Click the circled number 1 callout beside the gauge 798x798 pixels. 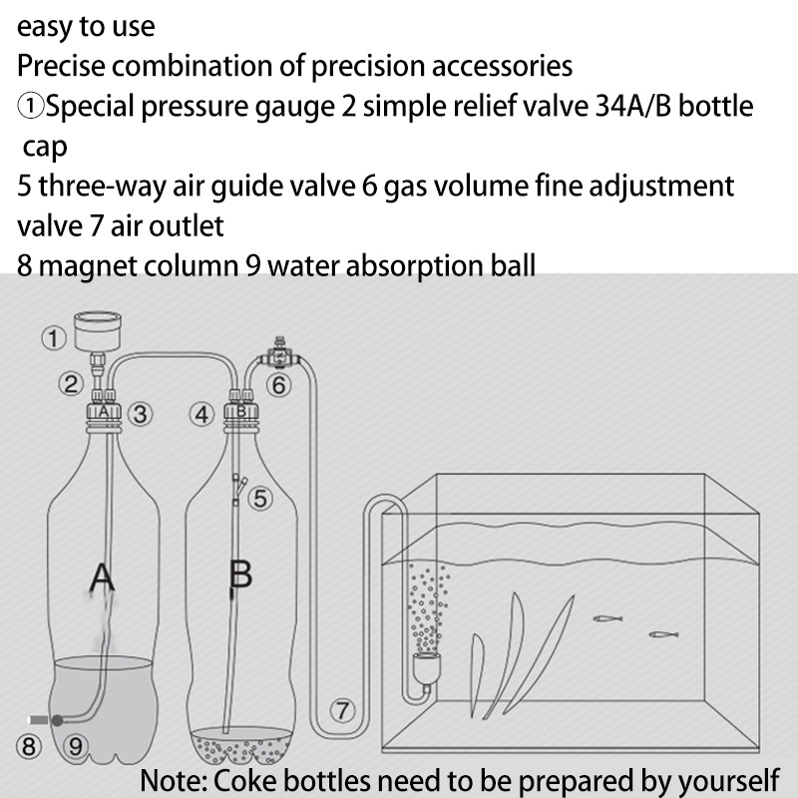coord(54,338)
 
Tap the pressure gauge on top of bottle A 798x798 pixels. coord(98,331)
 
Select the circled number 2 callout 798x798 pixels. coord(70,384)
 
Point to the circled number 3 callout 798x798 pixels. coord(140,414)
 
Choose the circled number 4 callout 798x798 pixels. coord(202,414)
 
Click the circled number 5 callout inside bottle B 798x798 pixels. coord(260,498)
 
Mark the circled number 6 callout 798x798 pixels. coord(279,385)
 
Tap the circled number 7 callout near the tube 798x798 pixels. coord(342,710)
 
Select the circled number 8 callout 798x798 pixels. coord(29,746)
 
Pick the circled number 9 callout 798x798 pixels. coord(76,746)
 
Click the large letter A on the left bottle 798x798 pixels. coord(102,579)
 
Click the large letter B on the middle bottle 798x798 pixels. coord(240,575)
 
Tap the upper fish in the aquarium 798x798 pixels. coord(607,618)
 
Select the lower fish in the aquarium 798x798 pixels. coord(663,634)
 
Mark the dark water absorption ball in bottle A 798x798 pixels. coord(58,720)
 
